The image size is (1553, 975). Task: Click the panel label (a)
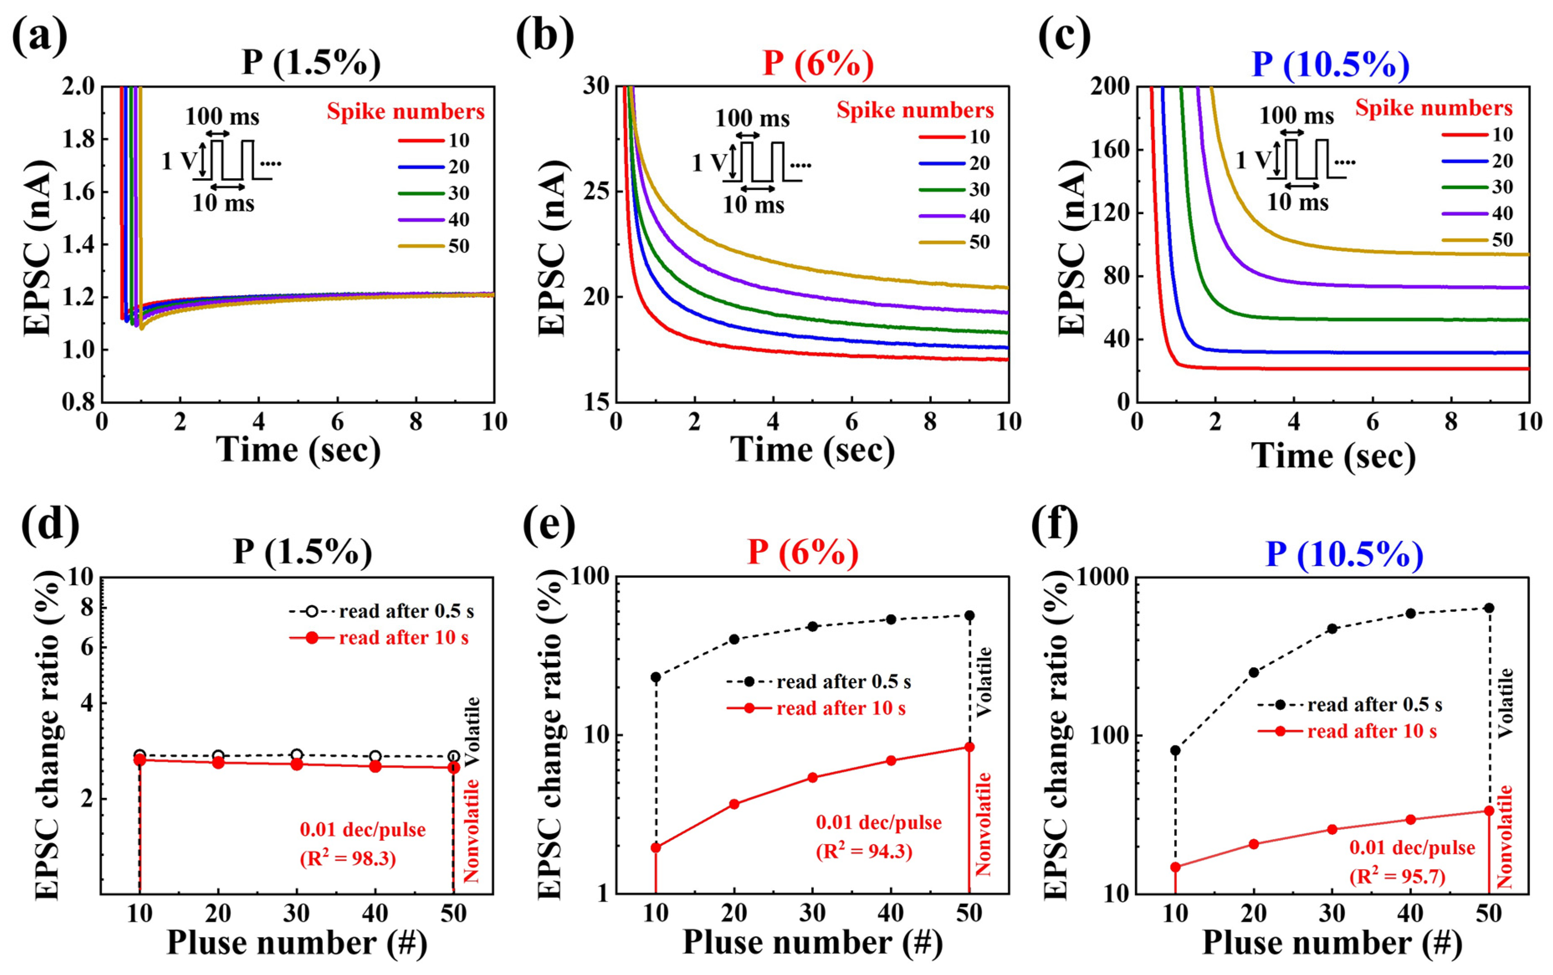tap(40, 36)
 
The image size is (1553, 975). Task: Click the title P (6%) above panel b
tap(817, 64)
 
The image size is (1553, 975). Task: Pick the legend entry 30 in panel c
tap(1502, 187)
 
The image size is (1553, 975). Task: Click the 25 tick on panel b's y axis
tap(597, 192)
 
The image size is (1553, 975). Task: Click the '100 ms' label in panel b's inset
tap(752, 119)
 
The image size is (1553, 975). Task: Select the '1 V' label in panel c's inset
tap(1253, 159)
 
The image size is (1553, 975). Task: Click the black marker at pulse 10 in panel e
tap(656, 677)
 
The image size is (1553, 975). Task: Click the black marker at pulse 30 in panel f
tap(1332, 629)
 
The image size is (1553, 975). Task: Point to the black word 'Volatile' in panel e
tap(984, 682)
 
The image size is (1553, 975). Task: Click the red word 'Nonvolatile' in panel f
tap(1504, 837)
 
